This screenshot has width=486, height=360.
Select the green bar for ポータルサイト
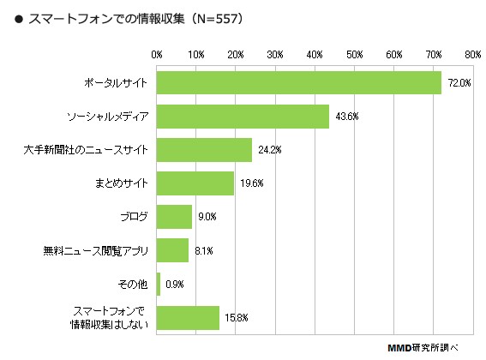tap(299, 82)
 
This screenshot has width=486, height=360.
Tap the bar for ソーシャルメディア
tap(243, 116)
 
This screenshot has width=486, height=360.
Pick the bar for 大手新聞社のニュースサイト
tap(205, 149)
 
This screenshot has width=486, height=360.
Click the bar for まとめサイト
tap(195, 183)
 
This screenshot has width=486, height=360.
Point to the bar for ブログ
tap(175, 216)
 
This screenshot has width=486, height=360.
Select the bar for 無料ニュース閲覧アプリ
tap(173, 250)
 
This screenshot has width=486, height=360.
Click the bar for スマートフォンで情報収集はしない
tap(189, 317)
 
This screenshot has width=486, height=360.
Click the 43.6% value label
tap(345, 117)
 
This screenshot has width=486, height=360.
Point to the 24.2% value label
tap(269, 150)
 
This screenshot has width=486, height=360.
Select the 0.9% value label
tap(175, 284)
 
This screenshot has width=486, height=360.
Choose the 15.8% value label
tap(236, 318)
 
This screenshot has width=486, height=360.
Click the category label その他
tap(132, 284)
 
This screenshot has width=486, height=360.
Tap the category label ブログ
tap(134, 216)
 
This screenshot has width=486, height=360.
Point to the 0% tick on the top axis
tap(157, 54)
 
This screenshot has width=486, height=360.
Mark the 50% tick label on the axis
tap(354, 54)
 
